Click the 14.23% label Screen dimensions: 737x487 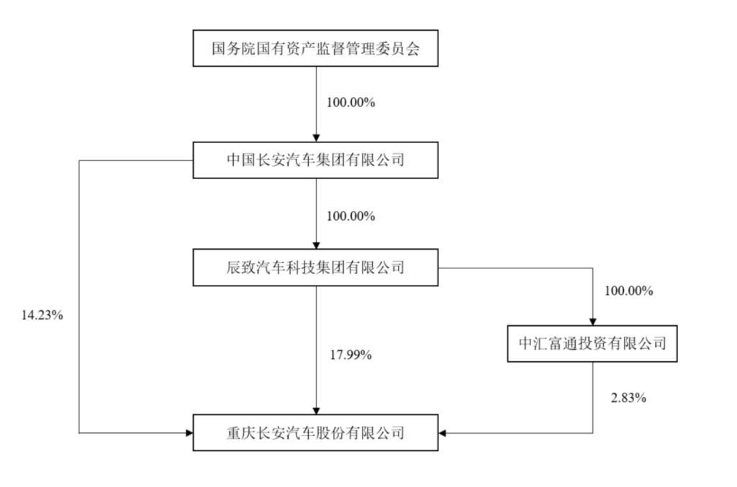point(42,315)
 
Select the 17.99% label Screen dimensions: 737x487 point(351,355)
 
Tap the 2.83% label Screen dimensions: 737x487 point(628,399)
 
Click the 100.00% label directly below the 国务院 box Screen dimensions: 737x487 point(351,102)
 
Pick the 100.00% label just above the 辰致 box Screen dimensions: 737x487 point(351,216)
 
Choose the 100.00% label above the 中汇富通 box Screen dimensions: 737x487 point(628,291)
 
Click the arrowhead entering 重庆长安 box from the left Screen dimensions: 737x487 point(189,433)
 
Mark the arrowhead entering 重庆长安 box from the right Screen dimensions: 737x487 point(442,433)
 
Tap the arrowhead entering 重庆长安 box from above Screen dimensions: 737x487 point(317,411)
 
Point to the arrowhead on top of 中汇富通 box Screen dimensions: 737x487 point(593,322)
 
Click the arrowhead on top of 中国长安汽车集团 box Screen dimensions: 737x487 point(317,139)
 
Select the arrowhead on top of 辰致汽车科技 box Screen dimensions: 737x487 point(317,246)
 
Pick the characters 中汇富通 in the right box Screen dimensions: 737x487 point(548,344)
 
